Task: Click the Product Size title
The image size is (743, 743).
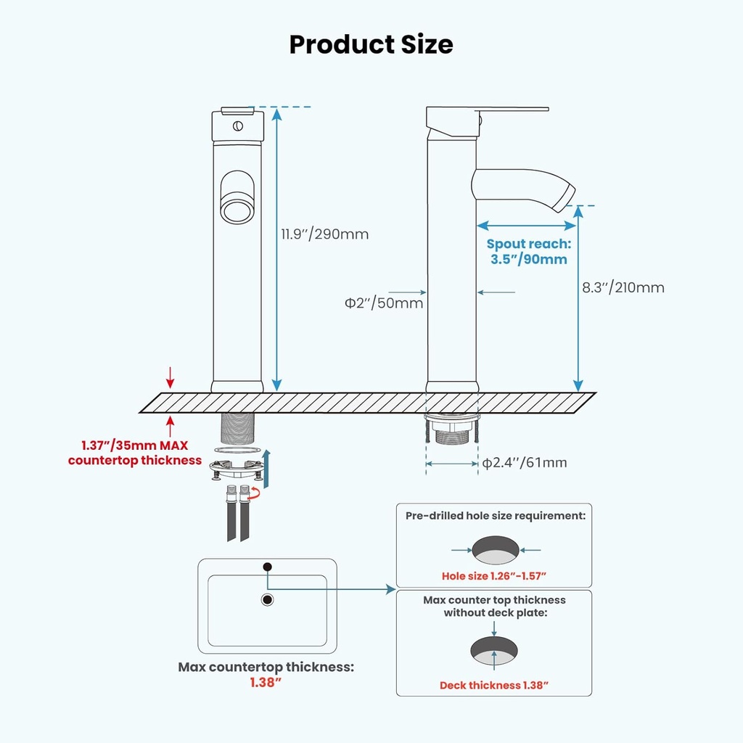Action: [371, 44]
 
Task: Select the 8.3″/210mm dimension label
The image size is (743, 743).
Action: [623, 287]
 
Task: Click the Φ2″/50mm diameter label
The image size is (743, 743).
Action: [384, 303]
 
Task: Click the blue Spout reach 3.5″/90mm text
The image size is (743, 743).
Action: [528, 251]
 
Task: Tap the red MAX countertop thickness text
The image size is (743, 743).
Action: [134, 453]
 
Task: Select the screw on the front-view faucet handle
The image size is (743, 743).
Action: [237, 126]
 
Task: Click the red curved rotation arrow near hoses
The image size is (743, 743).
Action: [255, 493]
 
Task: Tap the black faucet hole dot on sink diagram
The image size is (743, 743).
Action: [267, 566]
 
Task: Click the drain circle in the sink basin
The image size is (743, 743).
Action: [267, 599]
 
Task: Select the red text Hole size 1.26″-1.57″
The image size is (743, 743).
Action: [493, 576]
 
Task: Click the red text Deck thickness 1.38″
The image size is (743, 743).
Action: [493, 685]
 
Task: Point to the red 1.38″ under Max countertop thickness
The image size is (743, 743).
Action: [266, 683]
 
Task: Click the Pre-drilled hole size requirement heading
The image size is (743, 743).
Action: [495, 516]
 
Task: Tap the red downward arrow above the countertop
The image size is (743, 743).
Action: [171, 377]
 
